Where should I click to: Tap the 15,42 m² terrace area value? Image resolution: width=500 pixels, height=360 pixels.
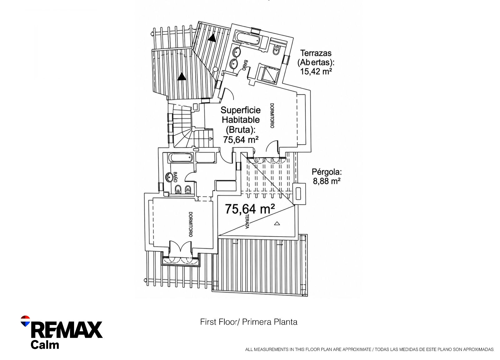point(316,72)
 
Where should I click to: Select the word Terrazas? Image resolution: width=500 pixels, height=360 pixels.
point(316,53)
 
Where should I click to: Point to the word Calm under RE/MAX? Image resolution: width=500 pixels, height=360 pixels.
point(45,345)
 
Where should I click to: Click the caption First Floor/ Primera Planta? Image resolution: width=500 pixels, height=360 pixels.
point(249,322)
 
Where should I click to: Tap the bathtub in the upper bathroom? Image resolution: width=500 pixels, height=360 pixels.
point(248,39)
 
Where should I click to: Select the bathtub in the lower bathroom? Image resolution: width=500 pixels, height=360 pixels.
point(180,157)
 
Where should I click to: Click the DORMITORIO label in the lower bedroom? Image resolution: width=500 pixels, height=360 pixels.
point(190,224)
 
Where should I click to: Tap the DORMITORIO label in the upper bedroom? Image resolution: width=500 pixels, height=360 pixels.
point(272,116)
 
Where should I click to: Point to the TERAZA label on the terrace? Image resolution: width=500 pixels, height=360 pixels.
point(247,221)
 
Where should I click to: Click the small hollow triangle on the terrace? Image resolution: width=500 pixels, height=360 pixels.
point(277,223)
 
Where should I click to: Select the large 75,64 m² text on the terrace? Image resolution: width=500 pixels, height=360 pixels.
point(250,209)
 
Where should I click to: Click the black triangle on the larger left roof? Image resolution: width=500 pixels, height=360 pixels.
point(182,77)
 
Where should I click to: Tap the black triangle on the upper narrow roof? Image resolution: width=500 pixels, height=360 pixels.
point(212,38)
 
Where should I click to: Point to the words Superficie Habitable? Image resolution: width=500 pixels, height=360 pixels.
point(241,115)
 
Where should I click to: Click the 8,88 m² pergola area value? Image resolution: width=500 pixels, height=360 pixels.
point(327,181)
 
